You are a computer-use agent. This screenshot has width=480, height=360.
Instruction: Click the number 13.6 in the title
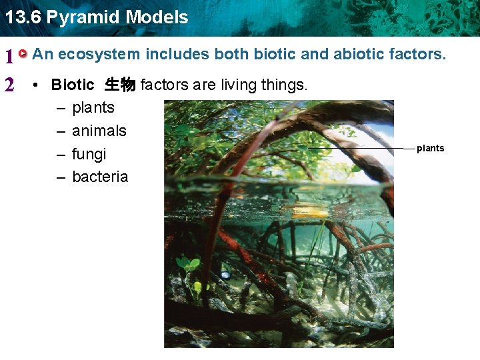(22, 17)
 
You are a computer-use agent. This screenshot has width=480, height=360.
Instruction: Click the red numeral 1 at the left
(9, 57)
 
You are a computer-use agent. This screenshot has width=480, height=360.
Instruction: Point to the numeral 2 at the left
(9, 85)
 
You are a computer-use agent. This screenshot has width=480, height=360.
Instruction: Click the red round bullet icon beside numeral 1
(23, 53)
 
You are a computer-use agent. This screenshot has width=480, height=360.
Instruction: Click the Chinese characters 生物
(120, 85)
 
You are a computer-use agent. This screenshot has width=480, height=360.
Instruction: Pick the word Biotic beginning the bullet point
(73, 85)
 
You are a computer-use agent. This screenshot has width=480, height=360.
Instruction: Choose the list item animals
(99, 131)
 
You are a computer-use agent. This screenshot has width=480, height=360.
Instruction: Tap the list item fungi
(89, 154)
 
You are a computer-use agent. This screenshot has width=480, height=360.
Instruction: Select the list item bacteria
(100, 177)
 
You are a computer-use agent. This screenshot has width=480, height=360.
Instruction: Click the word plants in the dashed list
(93, 107)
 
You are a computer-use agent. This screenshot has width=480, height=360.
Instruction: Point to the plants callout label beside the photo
(430, 148)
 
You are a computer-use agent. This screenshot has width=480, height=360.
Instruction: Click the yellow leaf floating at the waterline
(309, 213)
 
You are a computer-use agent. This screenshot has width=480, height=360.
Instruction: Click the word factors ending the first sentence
(418, 54)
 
